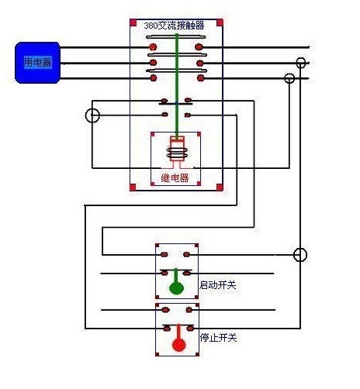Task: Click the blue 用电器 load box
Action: [x=38, y=62]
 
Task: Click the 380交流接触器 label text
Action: [x=174, y=26]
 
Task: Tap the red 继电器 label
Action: [x=175, y=178]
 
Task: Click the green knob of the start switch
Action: [x=177, y=289]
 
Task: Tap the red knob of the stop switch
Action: [x=178, y=345]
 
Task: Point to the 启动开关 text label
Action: [x=218, y=285]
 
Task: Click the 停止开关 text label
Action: [x=218, y=338]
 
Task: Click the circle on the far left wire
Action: [x=92, y=116]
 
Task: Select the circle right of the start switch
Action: [x=300, y=254]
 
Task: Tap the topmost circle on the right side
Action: [x=301, y=62]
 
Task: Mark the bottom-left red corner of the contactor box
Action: [x=133, y=186]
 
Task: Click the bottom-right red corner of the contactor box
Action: [x=220, y=186]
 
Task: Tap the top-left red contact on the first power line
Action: [x=153, y=47]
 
